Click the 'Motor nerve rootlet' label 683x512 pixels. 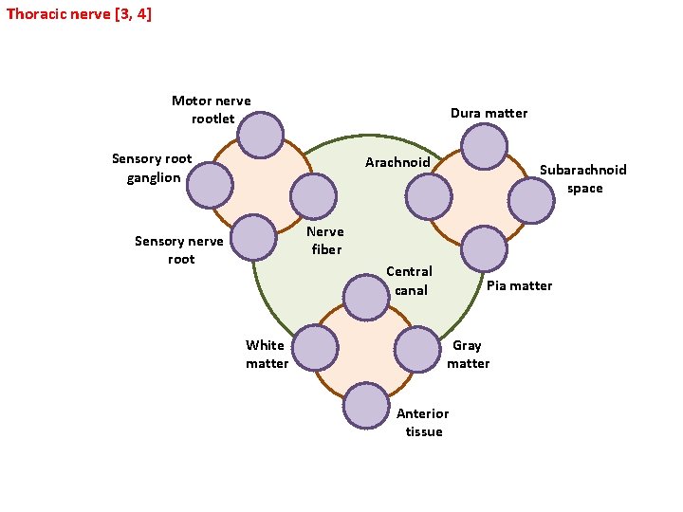tap(212, 110)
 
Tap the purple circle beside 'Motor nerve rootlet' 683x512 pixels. tap(260, 136)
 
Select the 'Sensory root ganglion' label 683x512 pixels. tap(152, 168)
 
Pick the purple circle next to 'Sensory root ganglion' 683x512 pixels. tap(210, 186)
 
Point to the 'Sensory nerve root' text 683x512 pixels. tap(179, 249)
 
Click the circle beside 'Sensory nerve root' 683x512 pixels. tap(254, 238)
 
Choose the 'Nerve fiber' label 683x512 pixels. tap(324, 240)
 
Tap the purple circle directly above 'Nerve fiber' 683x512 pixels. tap(313, 196)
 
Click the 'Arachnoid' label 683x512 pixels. tap(397, 162)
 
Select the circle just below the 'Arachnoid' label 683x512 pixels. tap(430, 196)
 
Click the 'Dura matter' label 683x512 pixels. tap(489, 113)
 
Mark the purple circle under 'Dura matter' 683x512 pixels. tap(484, 147)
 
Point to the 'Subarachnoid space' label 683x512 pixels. tap(583, 178)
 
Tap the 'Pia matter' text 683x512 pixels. tap(519, 285)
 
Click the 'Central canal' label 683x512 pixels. tap(410, 281)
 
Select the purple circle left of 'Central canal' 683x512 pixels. tap(366, 297)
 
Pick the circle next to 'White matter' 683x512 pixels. tap(315, 347)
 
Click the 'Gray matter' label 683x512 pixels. tap(468, 355)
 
